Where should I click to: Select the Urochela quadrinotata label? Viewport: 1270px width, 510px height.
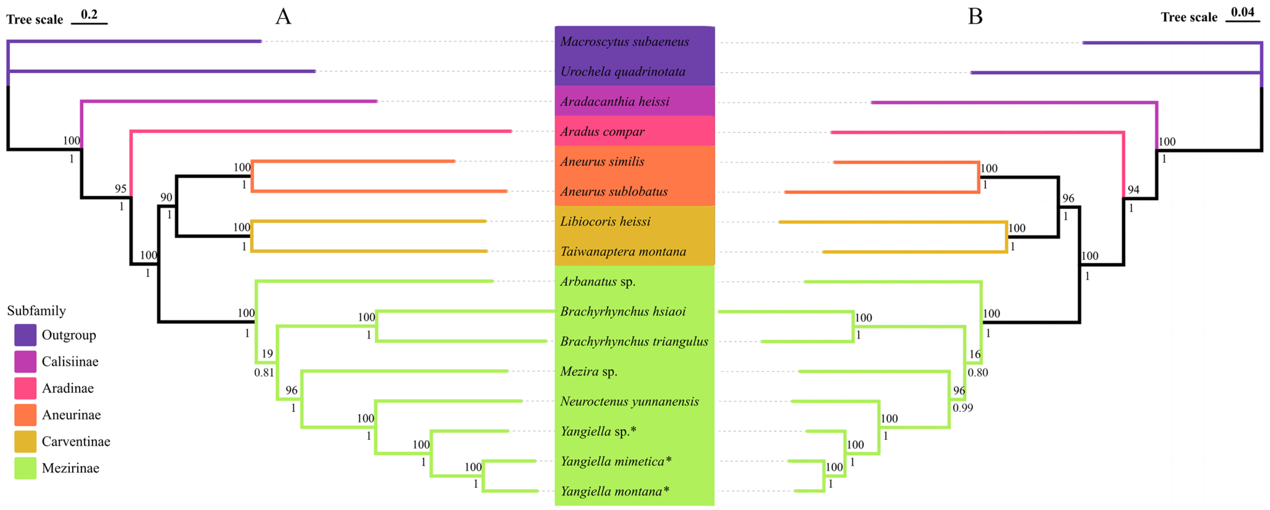coord(623,71)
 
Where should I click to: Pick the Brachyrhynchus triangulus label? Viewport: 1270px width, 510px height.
coord(634,341)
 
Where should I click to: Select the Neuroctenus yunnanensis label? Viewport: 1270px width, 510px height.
coord(629,401)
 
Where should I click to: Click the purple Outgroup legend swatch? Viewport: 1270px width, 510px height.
coord(25,335)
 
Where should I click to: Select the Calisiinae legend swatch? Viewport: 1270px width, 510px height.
coord(25,362)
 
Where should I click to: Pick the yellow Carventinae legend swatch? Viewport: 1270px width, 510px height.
coord(25,442)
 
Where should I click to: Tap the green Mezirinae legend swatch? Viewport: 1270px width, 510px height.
coord(25,468)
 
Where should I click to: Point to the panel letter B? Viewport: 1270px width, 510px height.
coord(975,16)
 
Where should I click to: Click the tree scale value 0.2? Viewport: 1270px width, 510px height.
coord(89,14)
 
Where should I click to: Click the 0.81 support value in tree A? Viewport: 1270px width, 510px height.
coord(264,373)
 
